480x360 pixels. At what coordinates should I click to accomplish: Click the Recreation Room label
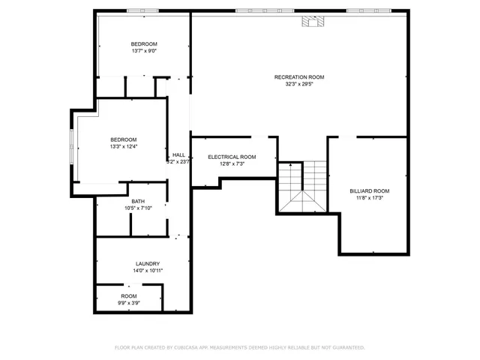click(x=298, y=77)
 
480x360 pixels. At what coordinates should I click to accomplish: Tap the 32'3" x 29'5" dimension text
click(x=298, y=84)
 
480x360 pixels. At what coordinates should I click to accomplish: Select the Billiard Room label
click(x=370, y=191)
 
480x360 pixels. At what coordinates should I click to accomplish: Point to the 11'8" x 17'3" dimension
click(x=370, y=198)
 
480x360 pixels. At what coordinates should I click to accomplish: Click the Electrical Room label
click(x=232, y=157)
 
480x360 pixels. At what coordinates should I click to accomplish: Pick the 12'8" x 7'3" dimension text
click(x=232, y=163)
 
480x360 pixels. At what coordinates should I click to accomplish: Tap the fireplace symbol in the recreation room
click(x=310, y=22)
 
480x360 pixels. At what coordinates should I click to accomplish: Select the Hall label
click(x=178, y=154)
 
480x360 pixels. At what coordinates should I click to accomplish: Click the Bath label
click(x=138, y=201)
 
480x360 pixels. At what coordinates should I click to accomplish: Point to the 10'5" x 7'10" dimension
click(x=138, y=208)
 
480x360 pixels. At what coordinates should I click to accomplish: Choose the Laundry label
click(x=147, y=263)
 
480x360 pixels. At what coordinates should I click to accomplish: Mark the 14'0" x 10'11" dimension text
click(x=147, y=270)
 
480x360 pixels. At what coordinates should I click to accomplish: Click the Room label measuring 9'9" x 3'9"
click(x=129, y=296)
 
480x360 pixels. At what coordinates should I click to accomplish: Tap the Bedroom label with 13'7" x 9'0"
click(x=144, y=44)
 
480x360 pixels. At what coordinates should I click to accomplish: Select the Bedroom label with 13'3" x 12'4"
click(x=124, y=139)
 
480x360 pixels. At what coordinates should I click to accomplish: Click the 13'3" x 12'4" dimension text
click(x=124, y=146)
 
